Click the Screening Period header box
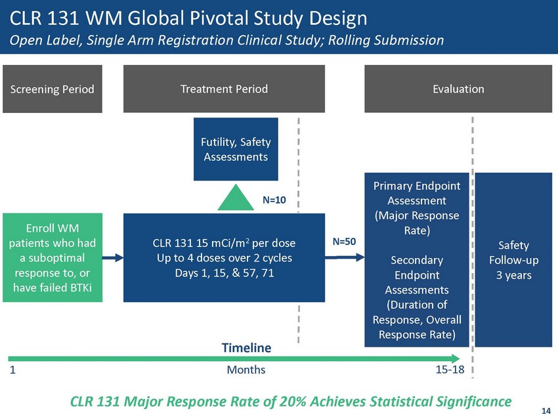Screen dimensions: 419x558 pyautogui.click(x=53, y=89)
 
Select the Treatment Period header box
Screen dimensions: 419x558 pyautogui.click(x=224, y=89)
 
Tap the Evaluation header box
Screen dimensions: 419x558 pyautogui.click(x=458, y=89)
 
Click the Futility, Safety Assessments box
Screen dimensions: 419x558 pyautogui.click(x=236, y=149)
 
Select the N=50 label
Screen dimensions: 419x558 pyautogui.click(x=344, y=242)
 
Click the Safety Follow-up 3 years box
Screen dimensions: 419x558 pyautogui.click(x=513, y=260)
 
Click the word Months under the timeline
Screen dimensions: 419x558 pyautogui.click(x=246, y=370)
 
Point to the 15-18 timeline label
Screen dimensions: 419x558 pyautogui.click(x=450, y=370)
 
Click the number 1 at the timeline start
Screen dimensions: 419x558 pyautogui.click(x=12, y=370)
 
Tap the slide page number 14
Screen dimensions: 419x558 pyautogui.click(x=546, y=410)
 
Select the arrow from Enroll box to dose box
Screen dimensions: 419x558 pyautogui.click(x=114, y=257)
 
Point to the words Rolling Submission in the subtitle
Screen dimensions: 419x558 pyautogui.click(x=383, y=40)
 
